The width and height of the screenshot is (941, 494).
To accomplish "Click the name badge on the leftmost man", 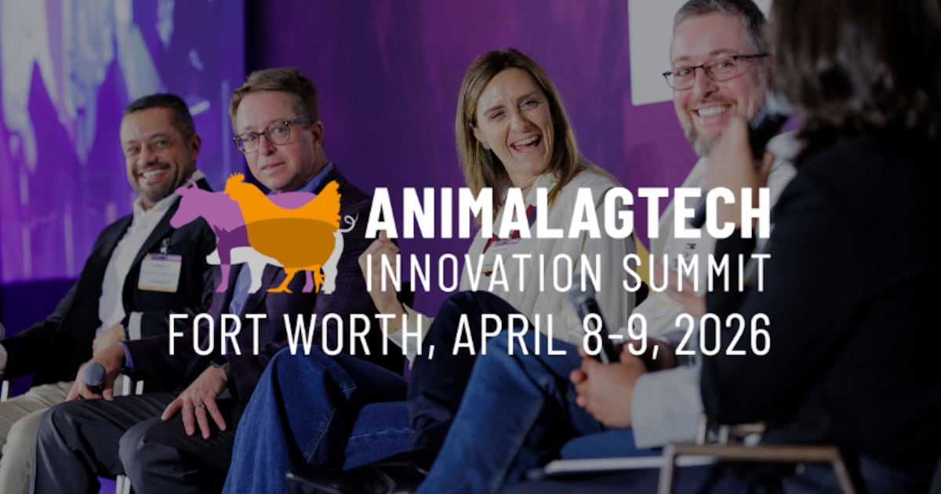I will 160,271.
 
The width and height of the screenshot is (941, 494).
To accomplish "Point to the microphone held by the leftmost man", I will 95,376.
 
